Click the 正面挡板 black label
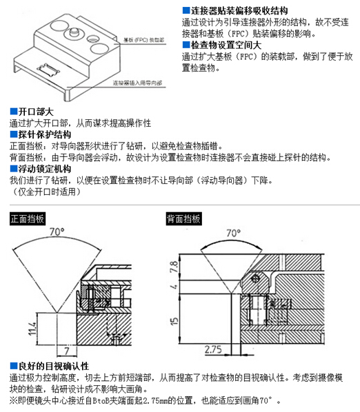coord(27,220)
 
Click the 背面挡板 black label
coord(183,220)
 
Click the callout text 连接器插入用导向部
coord(139,82)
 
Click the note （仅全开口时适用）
coord(46,192)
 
